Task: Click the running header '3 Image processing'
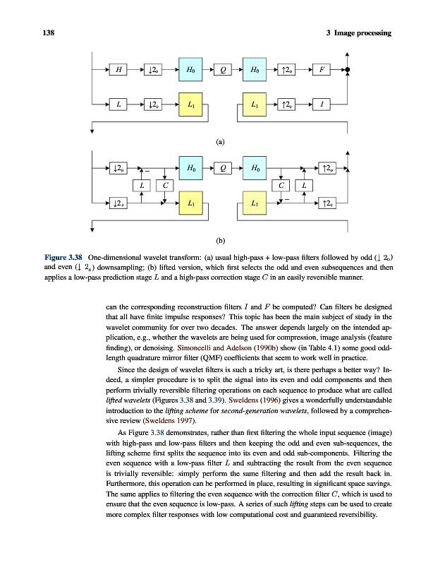359,34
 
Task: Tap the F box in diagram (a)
322,69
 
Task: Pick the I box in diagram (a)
322,105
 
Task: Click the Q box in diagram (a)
223,69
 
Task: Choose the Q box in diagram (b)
223,168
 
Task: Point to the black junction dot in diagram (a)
348,70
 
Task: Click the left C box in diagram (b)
164,186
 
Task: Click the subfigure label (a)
221,141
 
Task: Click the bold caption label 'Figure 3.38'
64,257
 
